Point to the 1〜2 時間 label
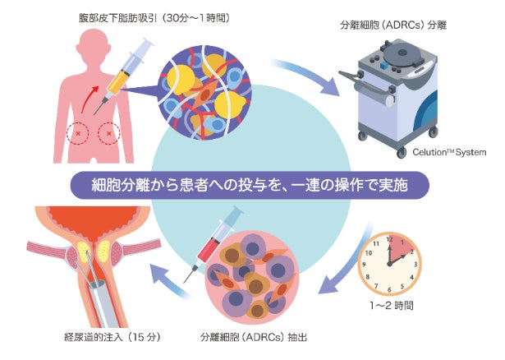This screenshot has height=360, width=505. click(x=393, y=305)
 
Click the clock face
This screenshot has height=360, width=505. click(x=393, y=262)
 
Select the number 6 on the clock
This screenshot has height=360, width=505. click(x=393, y=288)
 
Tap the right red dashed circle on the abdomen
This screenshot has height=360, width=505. click(x=109, y=132)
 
